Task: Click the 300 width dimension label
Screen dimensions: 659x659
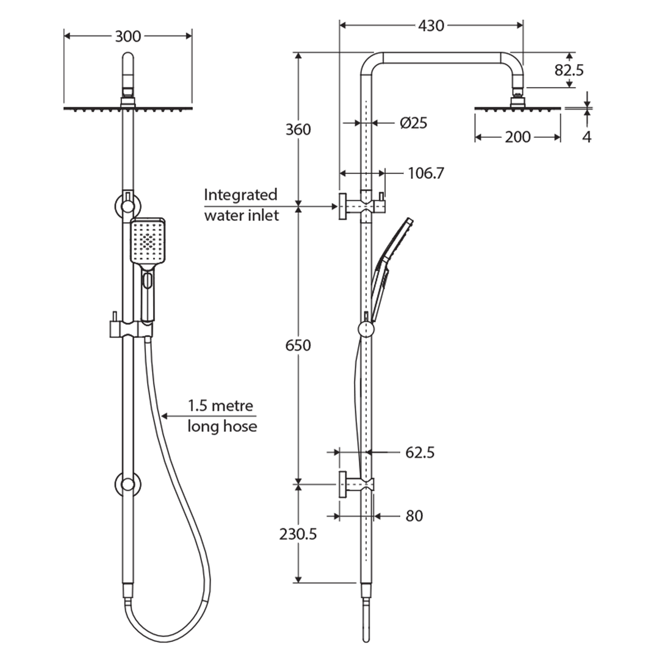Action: (x=128, y=37)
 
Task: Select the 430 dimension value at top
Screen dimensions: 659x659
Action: (x=431, y=26)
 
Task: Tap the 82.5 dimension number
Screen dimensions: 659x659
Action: (x=569, y=70)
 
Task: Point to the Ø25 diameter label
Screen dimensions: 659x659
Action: (x=413, y=123)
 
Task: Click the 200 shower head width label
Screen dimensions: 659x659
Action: (x=517, y=137)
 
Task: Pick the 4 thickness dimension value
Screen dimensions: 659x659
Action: (x=586, y=137)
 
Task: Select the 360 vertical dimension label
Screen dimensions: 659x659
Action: (x=297, y=129)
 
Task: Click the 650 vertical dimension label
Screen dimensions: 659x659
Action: (x=297, y=345)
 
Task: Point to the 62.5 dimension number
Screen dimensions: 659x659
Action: (x=420, y=453)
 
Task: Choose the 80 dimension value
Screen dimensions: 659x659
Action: (x=414, y=516)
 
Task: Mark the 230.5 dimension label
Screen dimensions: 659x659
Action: (x=298, y=535)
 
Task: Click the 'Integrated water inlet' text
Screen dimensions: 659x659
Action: (x=241, y=205)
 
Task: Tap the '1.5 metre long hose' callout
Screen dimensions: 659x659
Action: (x=221, y=416)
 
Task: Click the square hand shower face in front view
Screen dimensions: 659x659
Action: (x=147, y=242)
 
